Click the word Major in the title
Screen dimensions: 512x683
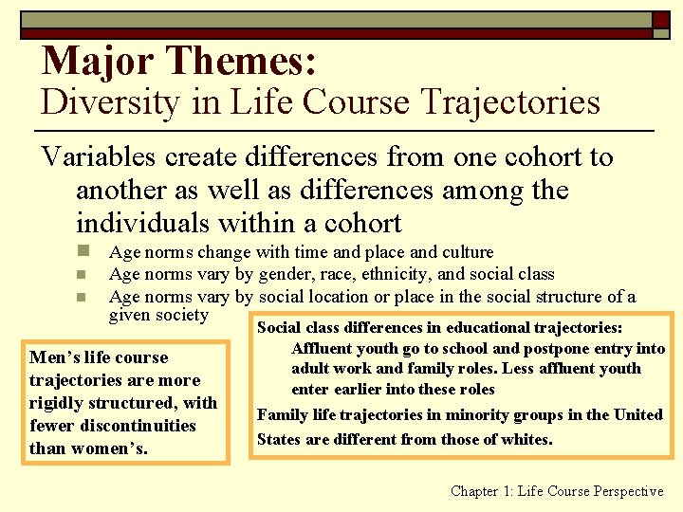pyautogui.click(x=99, y=61)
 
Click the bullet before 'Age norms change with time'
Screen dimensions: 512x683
pyautogui.click(x=83, y=252)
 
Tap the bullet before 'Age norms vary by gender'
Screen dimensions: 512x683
pyautogui.click(x=83, y=275)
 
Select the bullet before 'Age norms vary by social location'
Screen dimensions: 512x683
pyautogui.click(x=83, y=298)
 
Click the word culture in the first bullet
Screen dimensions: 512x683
pyautogui.click(x=467, y=252)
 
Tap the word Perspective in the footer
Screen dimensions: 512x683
pyautogui.click(x=629, y=491)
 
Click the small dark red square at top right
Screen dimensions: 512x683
pyautogui.click(x=660, y=20)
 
